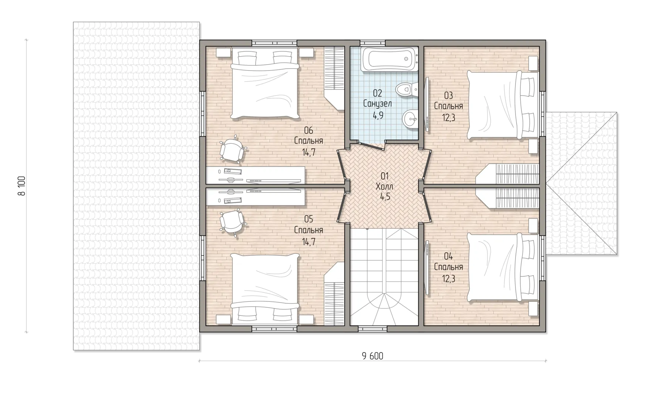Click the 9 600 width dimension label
click(373, 356)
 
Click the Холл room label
click(384, 186)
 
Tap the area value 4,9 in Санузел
click(378, 115)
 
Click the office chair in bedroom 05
click(232, 222)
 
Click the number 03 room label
click(448, 96)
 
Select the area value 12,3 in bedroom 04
click(448, 279)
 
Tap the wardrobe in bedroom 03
click(507, 174)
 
